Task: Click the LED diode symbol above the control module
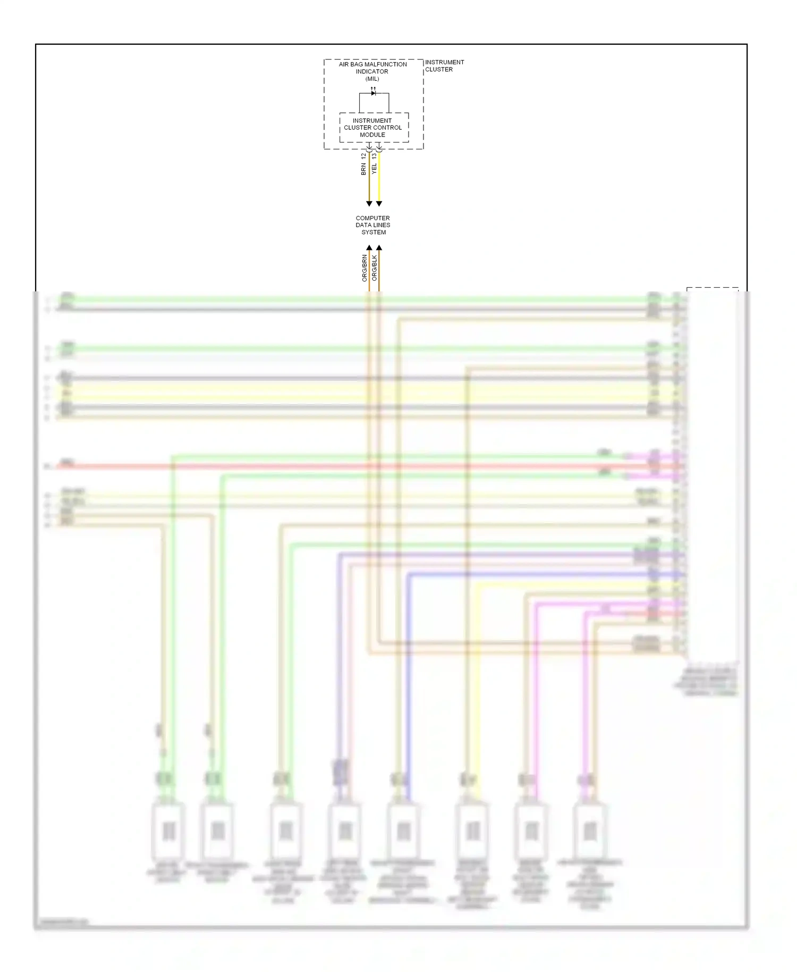[x=374, y=93]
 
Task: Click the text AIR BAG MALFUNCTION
[x=372, y=64]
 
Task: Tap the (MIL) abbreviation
[x=372, y=79]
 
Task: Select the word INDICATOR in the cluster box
[x=372, y=71]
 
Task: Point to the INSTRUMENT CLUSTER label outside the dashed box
[x=444, y=65]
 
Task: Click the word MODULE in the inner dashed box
[x=372, y=135]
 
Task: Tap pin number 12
[x=363, y=156]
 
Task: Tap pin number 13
[x=374, y=156]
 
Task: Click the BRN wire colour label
[x=363, y=170]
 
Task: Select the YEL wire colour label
[x=374, y=169]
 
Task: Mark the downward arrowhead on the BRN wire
[x=369, y=204]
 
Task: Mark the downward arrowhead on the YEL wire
[x=379, y=204]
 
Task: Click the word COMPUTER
[x=372, y=218]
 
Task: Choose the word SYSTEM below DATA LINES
[x=374, y=232]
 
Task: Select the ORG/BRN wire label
[x=364, y=268]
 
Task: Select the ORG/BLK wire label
[x=375, y=268]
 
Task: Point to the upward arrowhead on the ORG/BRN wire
[x=369, y=248]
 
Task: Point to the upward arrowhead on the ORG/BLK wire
[x=379, y=248]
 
